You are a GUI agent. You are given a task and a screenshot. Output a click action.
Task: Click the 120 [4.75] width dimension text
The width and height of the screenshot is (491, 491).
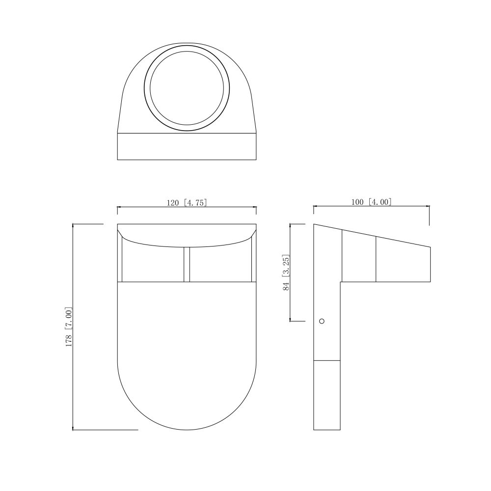187,203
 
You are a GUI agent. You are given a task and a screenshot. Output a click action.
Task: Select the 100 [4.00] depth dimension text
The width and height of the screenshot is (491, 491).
371,202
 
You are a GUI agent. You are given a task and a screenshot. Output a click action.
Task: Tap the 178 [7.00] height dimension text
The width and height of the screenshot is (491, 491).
69,327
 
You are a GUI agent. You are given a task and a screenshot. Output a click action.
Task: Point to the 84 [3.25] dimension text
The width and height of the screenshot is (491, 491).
286,272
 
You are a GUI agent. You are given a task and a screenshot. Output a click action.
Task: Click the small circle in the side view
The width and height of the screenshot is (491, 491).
321,321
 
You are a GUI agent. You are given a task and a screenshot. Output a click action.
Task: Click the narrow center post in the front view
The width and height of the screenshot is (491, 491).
187,265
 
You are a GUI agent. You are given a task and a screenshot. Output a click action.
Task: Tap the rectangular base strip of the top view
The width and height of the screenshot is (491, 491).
187,146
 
